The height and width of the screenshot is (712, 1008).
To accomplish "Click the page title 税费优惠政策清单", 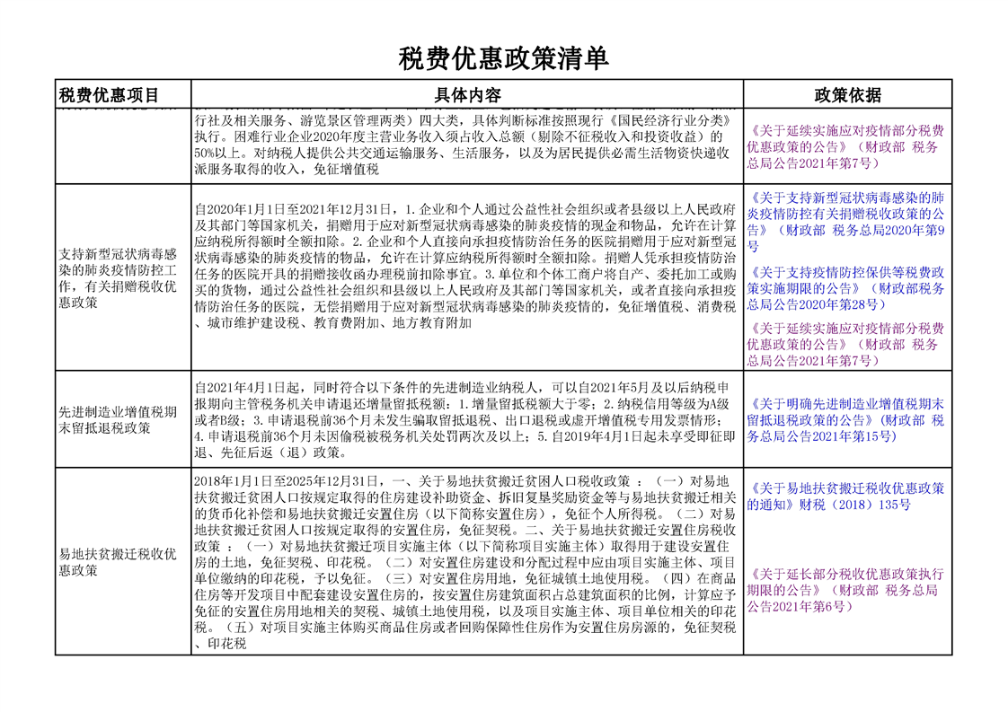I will pos(504,59).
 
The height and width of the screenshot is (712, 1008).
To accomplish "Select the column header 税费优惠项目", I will pos(109,95).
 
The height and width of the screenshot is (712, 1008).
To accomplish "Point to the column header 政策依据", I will pos(847,95).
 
